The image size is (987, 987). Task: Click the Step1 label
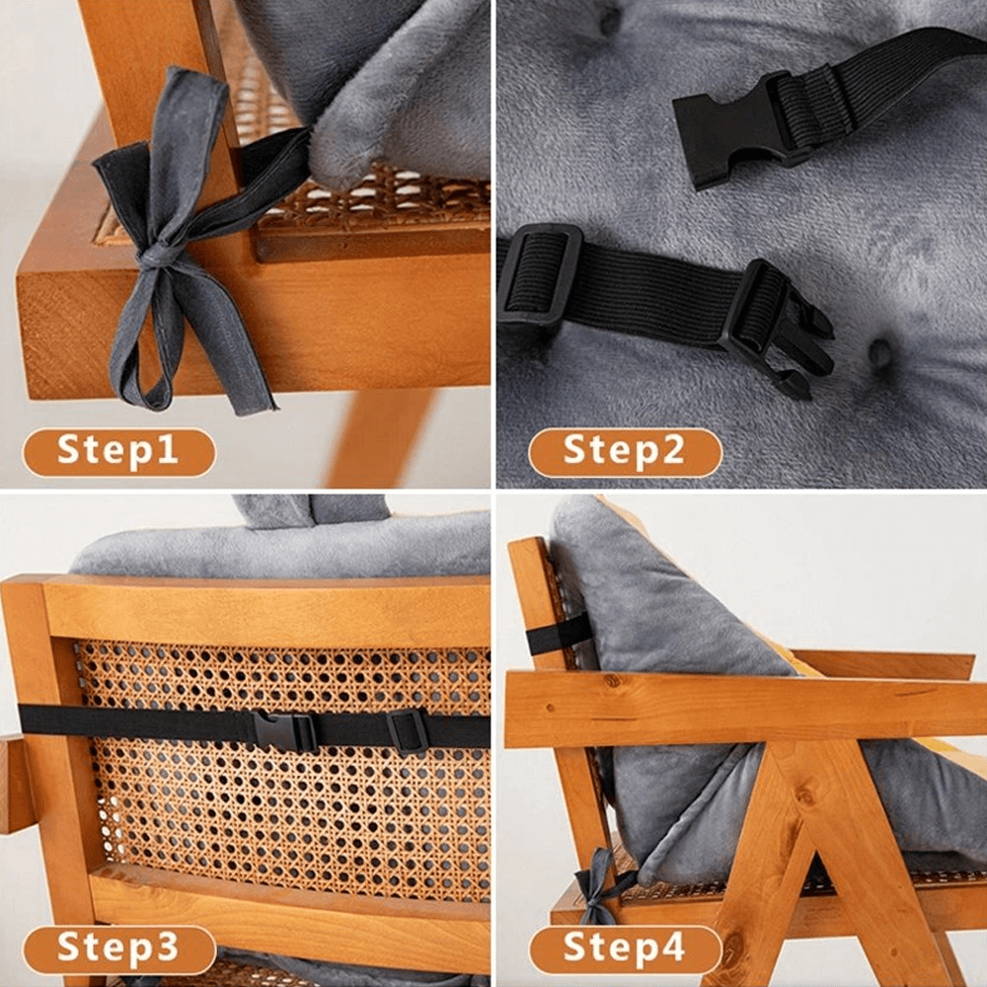click(118, 452)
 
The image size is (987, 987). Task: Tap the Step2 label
click(625, 452)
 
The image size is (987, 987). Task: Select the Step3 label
click(118, 949)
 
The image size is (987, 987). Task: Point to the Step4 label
click(625, 949)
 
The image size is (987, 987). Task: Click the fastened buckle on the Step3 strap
click(285, 731)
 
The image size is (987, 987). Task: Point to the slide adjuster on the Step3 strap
click(408, 731)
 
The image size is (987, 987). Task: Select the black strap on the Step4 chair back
click(559, 638)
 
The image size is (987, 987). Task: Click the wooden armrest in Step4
click(740, 709)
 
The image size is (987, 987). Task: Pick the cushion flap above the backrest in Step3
click(311, 509)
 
